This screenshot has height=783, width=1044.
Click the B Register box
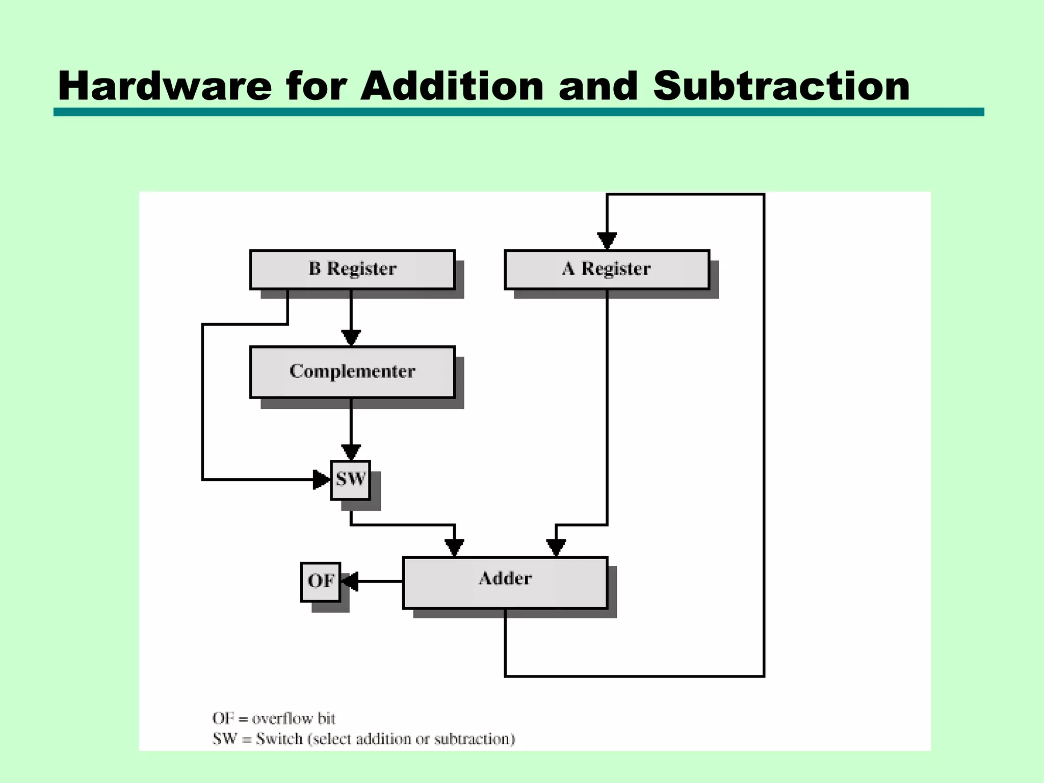click(x=352, y=269)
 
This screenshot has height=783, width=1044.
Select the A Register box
click(x=607, y=269)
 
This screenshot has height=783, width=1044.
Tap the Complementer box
click(x=352, y=372)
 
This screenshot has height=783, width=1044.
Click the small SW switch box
click(x=350, y=480)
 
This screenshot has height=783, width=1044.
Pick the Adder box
click(x=505, y=582)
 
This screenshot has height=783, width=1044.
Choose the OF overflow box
click(x=320, y=581)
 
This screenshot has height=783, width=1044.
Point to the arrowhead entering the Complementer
click(x=351, y=337)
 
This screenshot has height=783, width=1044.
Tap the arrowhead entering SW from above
click(x=351, y=452)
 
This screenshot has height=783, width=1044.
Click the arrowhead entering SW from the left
click(x=322, y=480)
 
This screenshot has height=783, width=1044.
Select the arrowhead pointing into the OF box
click(x=350, y=581)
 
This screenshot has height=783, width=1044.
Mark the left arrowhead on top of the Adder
click(x=454, y=547)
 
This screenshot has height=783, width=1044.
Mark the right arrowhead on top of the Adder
click(x=556, y=547)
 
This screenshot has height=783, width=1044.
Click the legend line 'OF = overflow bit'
click(x=274, y=718)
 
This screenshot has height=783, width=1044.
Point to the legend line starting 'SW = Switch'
click(x=363, y=739)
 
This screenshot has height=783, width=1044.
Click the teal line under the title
click(x=518, y=112)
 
